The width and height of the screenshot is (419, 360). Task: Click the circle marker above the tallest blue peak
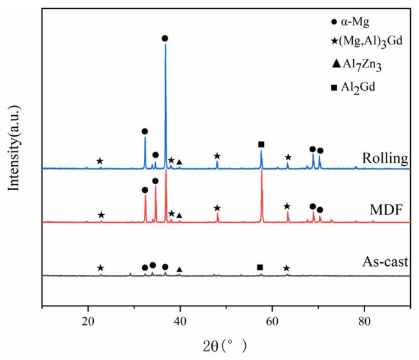[165, 38]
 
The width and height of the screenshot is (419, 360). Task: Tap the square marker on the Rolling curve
[261, 145]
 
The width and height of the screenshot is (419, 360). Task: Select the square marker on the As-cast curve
[260, 267]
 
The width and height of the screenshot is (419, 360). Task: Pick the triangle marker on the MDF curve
[179, 215]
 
